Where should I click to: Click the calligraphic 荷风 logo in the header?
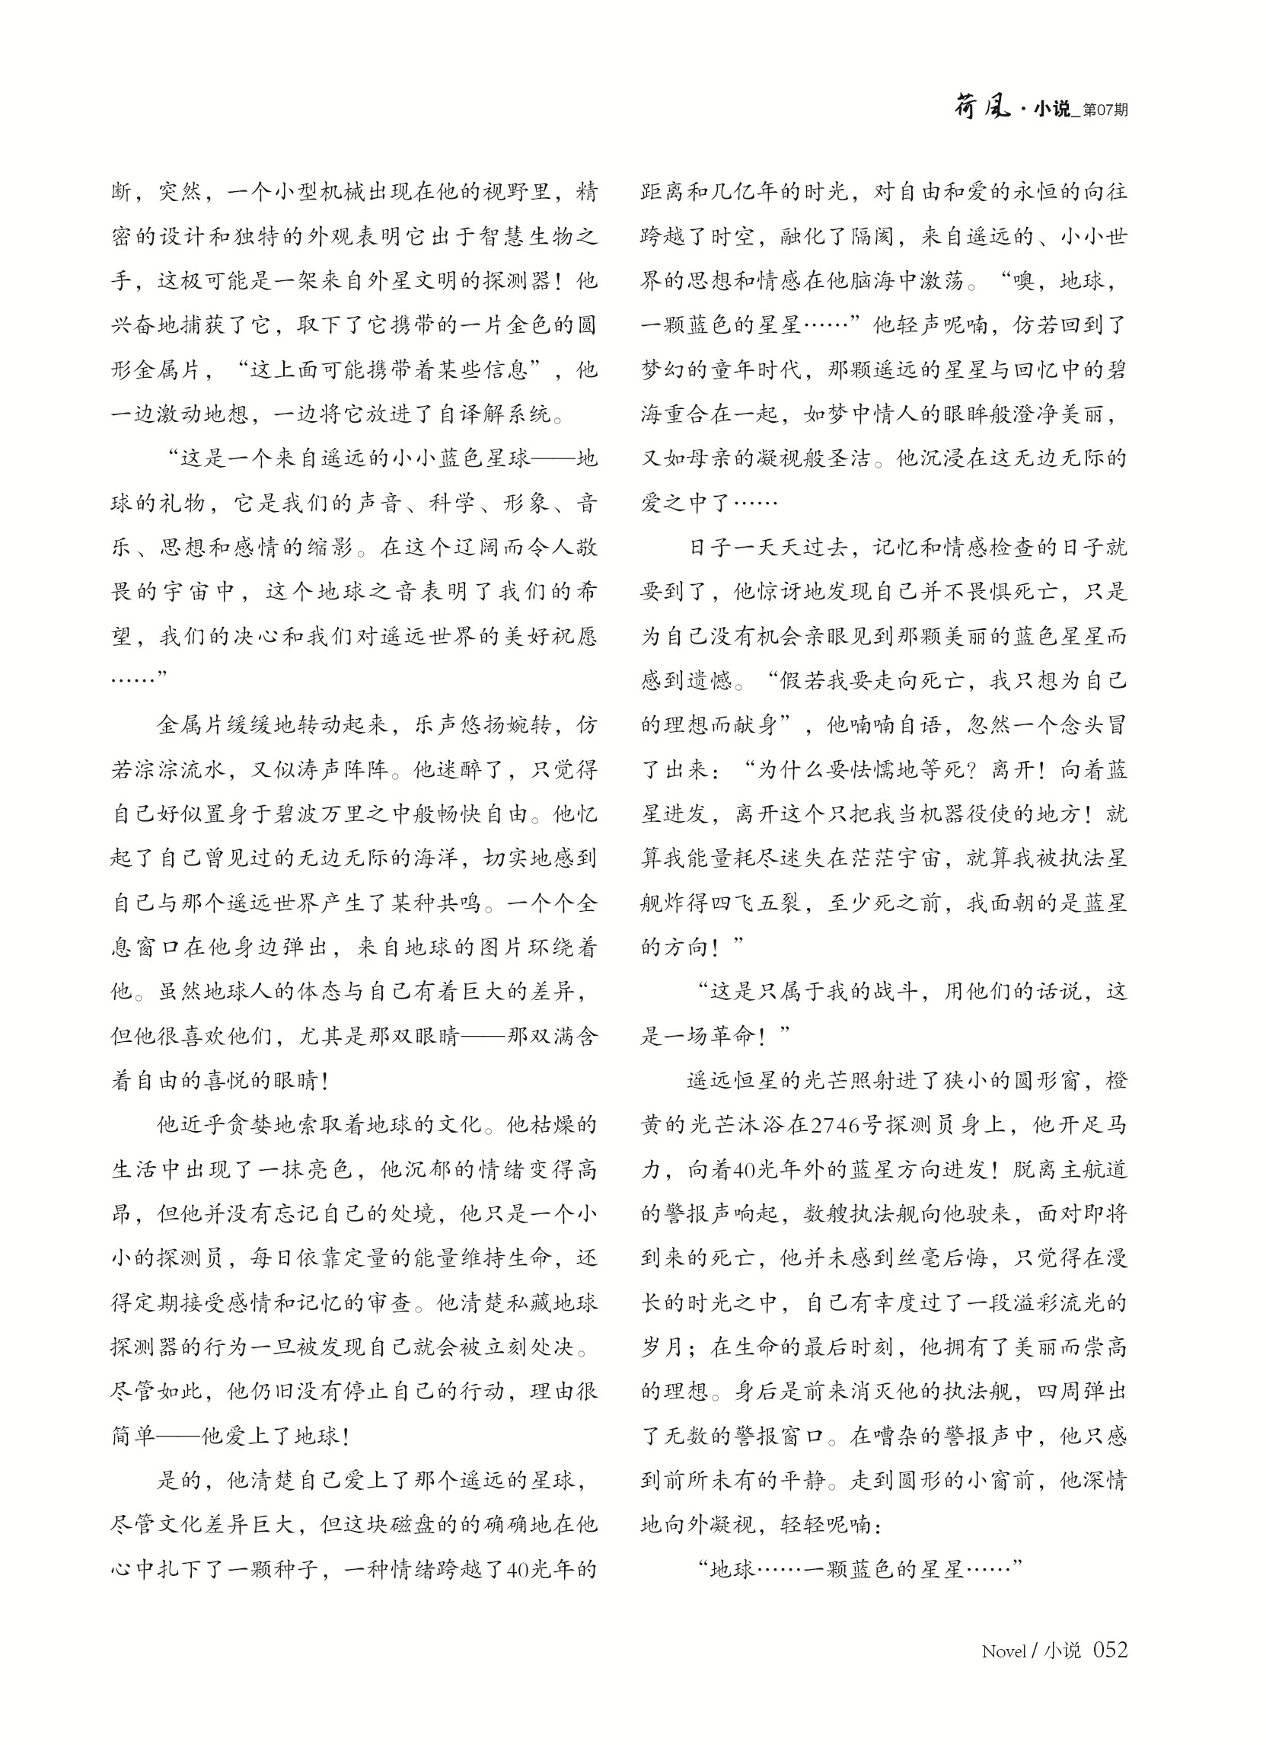click(981, 108)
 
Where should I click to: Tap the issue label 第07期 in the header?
click(1105, 110)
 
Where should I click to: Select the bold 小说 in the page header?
click(1051, 109)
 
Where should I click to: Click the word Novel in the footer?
click(1003, 1651)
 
